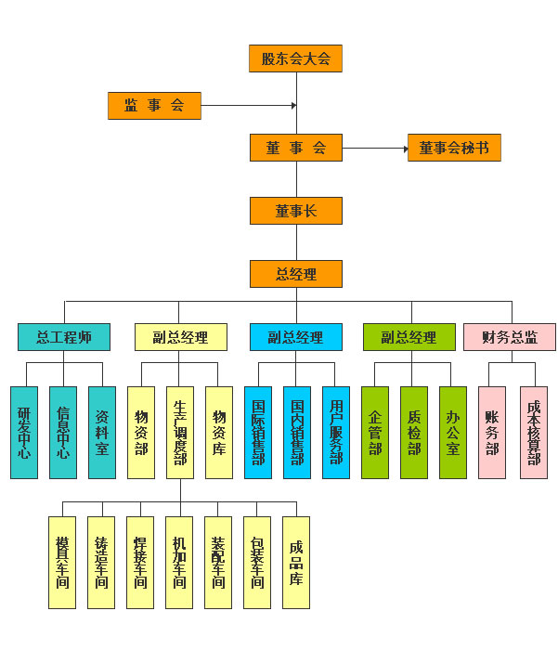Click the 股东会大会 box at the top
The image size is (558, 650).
pos(296,58)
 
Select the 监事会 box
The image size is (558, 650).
pos(154,106)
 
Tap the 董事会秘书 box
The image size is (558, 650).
pos(454,148)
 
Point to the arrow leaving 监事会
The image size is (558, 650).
pos(248,106)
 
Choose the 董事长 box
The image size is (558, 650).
pos(296,211)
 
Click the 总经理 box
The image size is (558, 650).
pos(296,274)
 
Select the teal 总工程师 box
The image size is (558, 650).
pos(64,337)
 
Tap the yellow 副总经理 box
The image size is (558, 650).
pos(181,337)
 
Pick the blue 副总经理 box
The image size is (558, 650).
pos(296,337)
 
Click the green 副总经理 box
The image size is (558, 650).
pos(409,337)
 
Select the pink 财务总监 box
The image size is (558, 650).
pos(510,337)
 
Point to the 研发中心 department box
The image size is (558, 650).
pos(24,433)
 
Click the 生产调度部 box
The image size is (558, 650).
pos(180,433)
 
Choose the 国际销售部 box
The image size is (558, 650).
pos(258,433)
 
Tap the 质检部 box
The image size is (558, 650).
pos(414,433)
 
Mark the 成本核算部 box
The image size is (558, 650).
pos(534,433)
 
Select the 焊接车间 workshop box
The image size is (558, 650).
pos(140,563)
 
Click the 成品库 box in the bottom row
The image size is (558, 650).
pos(296,563)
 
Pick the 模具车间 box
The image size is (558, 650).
pos(62,563)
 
